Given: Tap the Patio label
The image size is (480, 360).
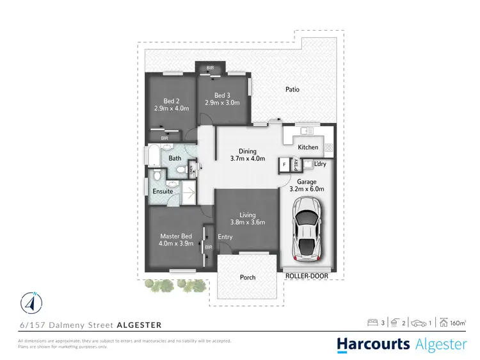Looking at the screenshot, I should [292, 90].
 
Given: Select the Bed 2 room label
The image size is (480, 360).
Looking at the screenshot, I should [171, 101].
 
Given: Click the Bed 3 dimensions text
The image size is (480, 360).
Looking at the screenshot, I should [222, 102].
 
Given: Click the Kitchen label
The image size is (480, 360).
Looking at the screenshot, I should [308, 147].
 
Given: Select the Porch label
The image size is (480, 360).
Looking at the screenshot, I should [248, 277].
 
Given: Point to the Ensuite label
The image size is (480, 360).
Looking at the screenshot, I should [162, 191].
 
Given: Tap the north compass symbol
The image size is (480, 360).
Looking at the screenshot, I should [30, 301].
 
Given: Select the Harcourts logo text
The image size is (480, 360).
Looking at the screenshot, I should [374, 345].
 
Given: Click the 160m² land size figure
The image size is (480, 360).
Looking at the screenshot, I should [456, 323].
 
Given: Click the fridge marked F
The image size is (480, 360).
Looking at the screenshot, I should [284, 165].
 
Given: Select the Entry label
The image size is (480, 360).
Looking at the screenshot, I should [225, 237].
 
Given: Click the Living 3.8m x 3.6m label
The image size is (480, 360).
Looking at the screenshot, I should [248, 218].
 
